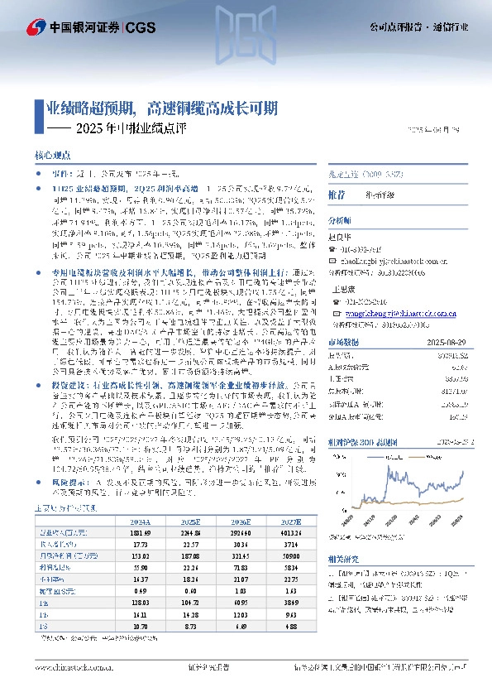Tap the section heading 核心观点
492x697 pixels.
(x=53, y=156)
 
